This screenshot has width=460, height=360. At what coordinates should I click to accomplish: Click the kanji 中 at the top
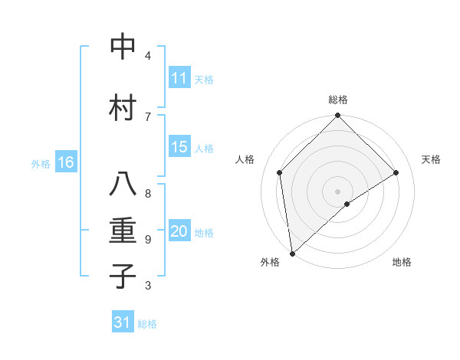point(122,47)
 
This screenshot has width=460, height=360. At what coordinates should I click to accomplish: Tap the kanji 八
point(122,185)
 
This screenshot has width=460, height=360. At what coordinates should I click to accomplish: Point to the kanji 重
point(122,230)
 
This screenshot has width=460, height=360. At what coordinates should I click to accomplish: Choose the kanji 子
point(122,276)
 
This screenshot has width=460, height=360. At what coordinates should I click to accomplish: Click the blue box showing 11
point(179,78)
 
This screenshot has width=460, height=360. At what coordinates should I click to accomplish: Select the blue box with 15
point(179,148)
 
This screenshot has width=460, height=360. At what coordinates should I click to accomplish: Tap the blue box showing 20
point(179,232)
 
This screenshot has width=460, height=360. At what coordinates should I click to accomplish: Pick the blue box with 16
point(66,162)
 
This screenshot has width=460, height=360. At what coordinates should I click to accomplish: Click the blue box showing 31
point(123,322)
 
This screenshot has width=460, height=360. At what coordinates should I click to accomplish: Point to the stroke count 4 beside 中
point(148,56)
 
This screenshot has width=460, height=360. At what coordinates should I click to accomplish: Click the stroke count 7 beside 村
point(148,116)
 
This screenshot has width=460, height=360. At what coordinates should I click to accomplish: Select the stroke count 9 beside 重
point(148,239)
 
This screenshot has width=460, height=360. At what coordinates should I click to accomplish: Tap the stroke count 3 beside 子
point(148,285)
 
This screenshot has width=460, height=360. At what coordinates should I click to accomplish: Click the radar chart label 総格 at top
point(338,100)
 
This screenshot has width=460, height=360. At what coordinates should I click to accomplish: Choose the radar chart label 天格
point(431,159)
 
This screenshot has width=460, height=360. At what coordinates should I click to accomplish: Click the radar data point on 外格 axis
point(291,254)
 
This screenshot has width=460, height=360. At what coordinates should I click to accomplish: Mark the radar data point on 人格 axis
point(280,172)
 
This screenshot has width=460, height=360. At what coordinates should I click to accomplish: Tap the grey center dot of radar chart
point(338,191)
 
